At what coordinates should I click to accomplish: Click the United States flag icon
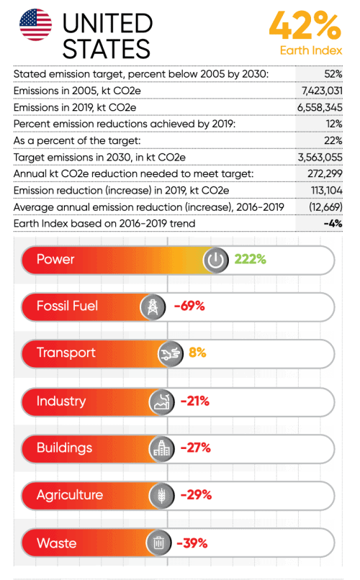coord(35,24)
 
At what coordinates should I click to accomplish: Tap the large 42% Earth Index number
coord(305,25)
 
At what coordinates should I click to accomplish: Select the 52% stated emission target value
coord(333,74)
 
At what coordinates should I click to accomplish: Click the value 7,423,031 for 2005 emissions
coord(322,91)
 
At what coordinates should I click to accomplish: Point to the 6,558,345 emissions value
coord(320,107)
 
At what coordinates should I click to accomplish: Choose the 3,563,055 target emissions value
coord(320,157)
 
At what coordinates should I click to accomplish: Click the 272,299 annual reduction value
coord(325,173)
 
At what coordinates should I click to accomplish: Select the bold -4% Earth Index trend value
coord(333,223)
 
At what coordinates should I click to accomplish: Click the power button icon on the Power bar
coord(216,260)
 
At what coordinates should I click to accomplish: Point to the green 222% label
coord(250,259)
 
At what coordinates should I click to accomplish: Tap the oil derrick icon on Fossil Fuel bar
coord(153,307)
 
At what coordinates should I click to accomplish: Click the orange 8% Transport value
coord(197,353)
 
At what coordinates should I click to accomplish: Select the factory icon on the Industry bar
coord(162,402)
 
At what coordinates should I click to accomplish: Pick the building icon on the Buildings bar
coord(162,449)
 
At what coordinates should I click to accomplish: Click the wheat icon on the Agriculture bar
coord(162,496)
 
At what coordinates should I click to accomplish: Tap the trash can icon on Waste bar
coord(158,543)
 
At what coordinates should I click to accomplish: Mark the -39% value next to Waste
coord(192,543)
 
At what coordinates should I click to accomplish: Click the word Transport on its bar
coord(66,353)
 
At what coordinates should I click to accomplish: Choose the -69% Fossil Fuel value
coord(189,306)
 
